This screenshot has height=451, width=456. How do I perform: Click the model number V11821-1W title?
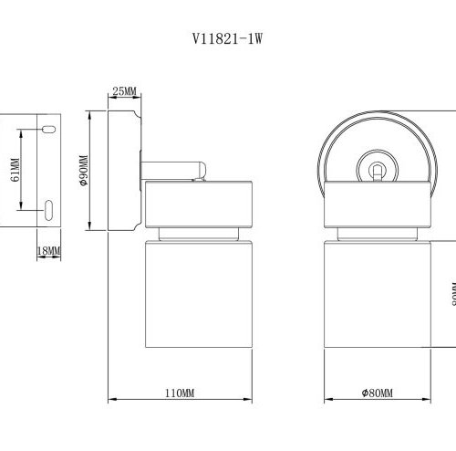(x=228, y=40)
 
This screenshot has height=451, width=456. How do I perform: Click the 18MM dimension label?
(x=48, y=250)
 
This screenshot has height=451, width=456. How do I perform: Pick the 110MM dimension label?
(x=180, y=393)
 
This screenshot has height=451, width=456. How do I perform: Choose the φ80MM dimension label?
(x=376, y=393)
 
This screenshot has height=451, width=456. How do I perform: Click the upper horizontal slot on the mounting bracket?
(x=47, y=130)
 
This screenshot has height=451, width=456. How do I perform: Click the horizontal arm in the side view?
(x=173, y=168)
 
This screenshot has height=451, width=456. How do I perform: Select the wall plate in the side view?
(x=123, y=169)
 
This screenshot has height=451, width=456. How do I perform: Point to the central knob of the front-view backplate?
(x=376, y=169)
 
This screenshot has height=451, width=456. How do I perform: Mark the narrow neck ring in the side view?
(x=196, y=234)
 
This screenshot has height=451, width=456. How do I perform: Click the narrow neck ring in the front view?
(x=376, y=234)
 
